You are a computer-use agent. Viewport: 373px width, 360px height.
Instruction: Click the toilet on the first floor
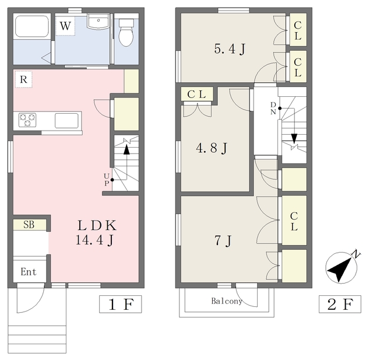coord(126,32)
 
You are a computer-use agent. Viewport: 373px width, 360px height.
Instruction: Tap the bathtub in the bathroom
coord(32,26)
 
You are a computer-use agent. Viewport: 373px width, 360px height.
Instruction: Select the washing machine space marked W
coord(65,26)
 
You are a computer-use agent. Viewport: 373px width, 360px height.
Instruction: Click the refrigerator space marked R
coord(23,79)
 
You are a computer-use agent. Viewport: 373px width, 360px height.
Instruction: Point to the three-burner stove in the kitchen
coord(27,120)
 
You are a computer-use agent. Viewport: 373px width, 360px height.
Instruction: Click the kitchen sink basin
coord(66,121)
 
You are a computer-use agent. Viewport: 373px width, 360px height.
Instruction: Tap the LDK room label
coord(97,225)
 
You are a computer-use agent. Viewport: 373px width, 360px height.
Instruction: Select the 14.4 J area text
coord(94,240)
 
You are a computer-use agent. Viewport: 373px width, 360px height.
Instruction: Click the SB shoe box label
coord(29,225)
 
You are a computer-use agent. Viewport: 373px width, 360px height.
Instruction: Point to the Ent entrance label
coord(29,272)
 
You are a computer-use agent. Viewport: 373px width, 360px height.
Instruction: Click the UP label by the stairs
coord(107,180)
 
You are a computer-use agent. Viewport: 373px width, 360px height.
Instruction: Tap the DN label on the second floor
coord(273,109)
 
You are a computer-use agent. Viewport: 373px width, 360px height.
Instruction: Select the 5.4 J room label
coord(230,49)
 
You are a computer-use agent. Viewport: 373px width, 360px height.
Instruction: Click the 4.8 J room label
coord(212,148)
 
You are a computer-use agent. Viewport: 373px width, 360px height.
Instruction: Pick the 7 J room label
coord(223,241)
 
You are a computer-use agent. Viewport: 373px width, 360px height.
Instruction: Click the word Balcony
coord(227,301)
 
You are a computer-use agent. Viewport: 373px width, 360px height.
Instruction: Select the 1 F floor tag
coord(121,305)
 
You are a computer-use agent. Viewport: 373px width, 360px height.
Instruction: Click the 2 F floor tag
coord(340,305)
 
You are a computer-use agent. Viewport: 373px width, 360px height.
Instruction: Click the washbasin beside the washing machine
coord(98,22)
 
